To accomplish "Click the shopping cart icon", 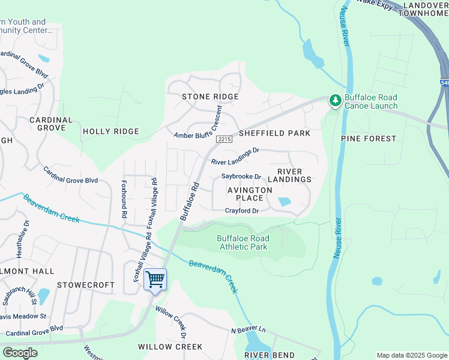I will (155, 279).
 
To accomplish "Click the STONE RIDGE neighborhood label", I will (210, 97).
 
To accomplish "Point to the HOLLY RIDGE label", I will (110, 131).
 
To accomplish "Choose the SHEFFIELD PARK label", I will (275, 133).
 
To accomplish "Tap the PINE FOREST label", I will (369, 139).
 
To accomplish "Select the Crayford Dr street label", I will (241, 211).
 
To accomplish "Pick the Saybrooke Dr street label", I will (241, 176).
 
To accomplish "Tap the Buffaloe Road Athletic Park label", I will (243, 242).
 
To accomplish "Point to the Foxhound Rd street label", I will (124, 199).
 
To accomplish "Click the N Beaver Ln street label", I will (248, 329).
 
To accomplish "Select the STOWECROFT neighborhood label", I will (85, 285).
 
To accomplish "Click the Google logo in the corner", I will (20, 353).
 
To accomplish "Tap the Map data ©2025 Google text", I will (411, 355).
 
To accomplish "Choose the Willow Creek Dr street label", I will (171, 322).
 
